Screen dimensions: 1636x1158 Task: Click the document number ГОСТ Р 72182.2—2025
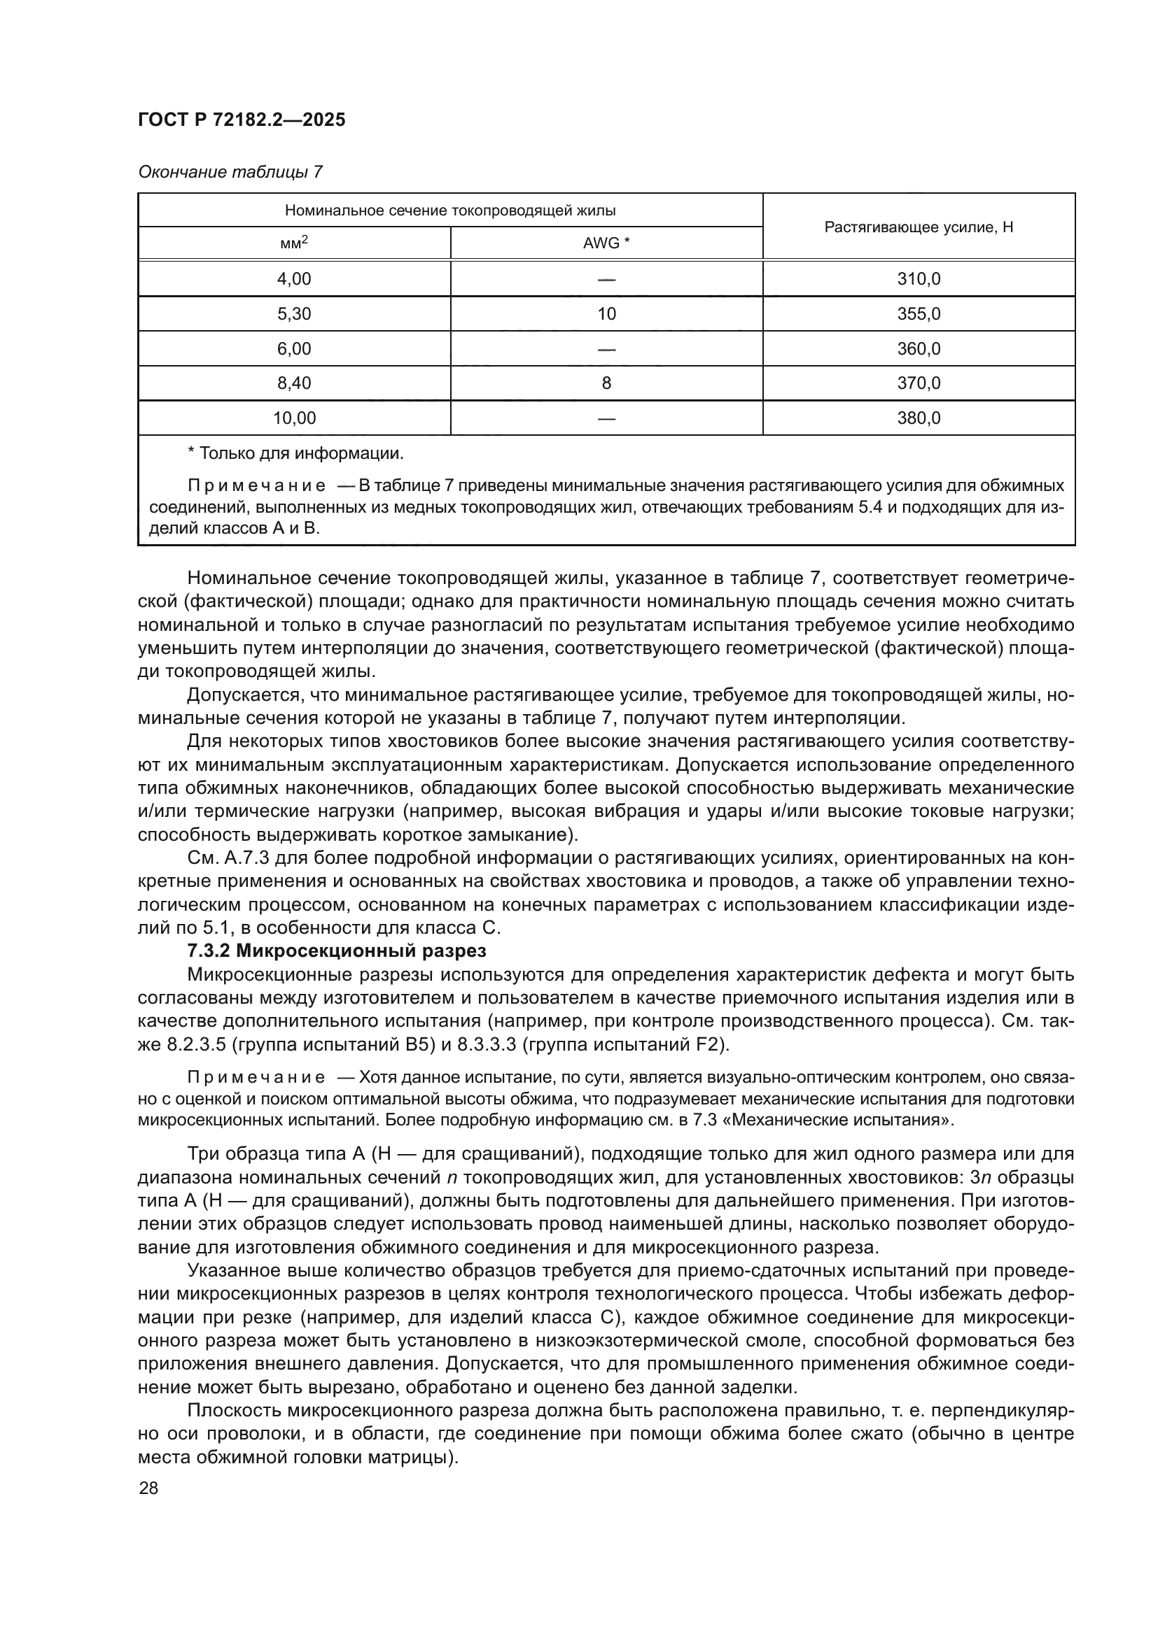tap(242, 120)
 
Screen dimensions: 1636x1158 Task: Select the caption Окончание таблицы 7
tap(230, 172)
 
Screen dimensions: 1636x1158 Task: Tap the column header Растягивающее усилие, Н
tap(919, 227)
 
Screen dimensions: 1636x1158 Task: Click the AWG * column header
tap(606, 243)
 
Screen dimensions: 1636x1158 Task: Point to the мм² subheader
tap(294, 243)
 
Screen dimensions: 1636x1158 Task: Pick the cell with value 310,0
tap(919, 278)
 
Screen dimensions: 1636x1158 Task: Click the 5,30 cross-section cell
tap(294, 313)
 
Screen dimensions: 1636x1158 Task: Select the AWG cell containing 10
tap(606, 313)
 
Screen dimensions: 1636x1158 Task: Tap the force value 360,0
tap(919, 348)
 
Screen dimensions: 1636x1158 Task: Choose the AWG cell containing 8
tap(606, 383)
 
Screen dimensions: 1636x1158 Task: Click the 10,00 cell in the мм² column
tap(294, 418)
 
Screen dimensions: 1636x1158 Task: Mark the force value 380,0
tap(919, 418)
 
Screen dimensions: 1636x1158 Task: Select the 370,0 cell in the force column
tap(919, 383)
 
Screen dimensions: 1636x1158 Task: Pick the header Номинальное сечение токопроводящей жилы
tap(450, 211)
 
